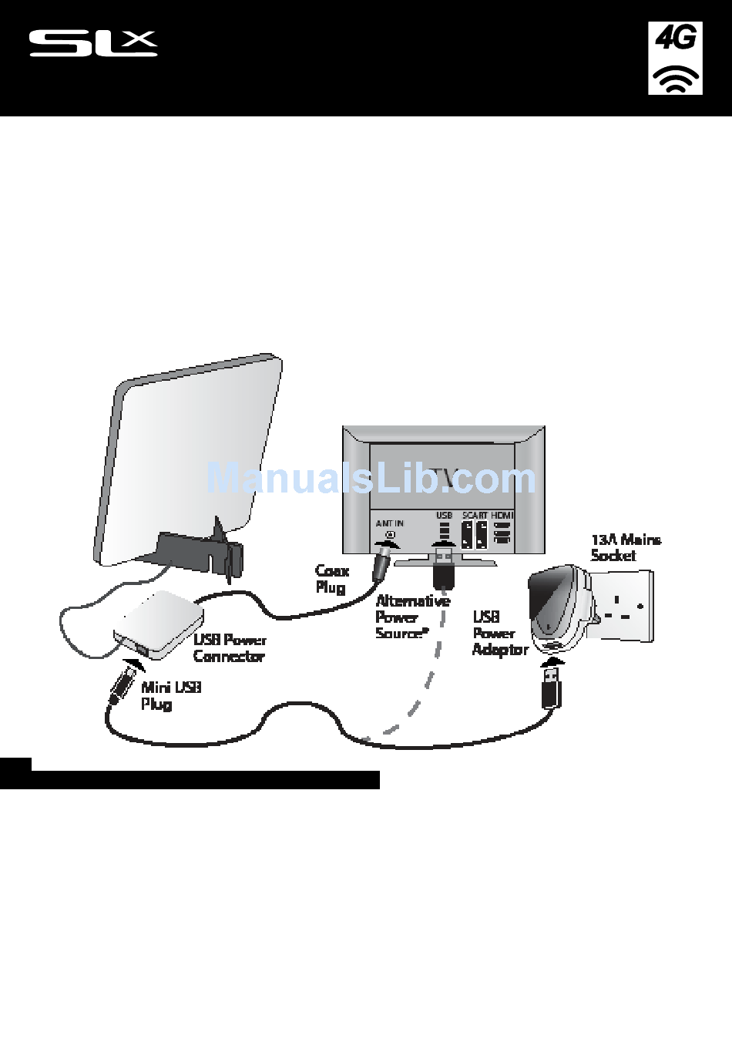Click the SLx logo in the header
pyautogui.click(x=93, y=44)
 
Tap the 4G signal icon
pyautogui.click(x=675, y=59)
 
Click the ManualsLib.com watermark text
pyautogui.click(x=371, y=479)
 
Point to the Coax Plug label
pyautogui.click(x=332, y=579)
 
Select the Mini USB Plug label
pyautogui.click(x=170, y=695)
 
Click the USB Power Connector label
pyautogui.click(x=230, y=648)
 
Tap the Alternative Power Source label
pyautogui.click(x=411, y=617)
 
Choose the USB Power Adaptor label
pyautogui.click(x=499, y=633)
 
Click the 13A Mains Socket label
pyautogui.click(x=625, y=547)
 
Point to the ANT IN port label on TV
pyautogui.click(x=389, y=523)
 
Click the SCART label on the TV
pyautogui.click(x=474, y=516)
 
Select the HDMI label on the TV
pyautogui.click(x=502, y=516)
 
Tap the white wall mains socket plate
pyautogui.click(x=623, y=606)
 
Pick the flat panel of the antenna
pyautogui.click(x=189, y=455)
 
